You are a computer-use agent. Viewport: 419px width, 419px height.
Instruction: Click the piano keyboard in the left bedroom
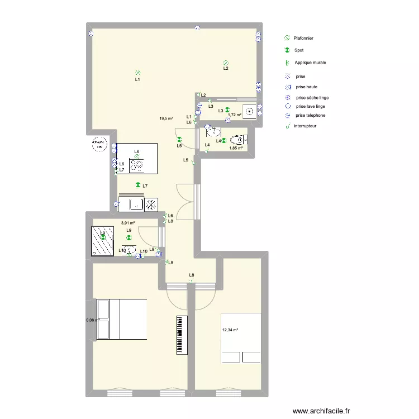[x=180, y=335]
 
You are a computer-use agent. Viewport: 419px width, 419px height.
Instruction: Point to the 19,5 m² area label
[x=166, y=118]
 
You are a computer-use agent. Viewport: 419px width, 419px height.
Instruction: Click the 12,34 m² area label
[x=230, y=330]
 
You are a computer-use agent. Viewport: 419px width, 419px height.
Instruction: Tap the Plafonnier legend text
[x=303, y=38]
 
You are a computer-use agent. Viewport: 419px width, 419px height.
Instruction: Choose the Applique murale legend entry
[x=310, y=63]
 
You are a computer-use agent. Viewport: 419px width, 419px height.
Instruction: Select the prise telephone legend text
[x=311, y=115]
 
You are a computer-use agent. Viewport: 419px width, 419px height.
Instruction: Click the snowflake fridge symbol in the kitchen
[x=151, y=204]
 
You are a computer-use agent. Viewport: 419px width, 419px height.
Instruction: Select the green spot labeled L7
[x=137, y=185]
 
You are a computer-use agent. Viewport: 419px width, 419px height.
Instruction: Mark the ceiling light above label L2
[x=226, y=63]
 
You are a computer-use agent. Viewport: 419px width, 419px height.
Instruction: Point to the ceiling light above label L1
[x=137, y=73]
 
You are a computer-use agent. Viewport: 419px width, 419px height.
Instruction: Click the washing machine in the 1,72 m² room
[x=250, y=111]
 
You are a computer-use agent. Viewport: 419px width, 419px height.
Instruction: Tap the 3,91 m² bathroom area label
[x=128, y=223]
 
